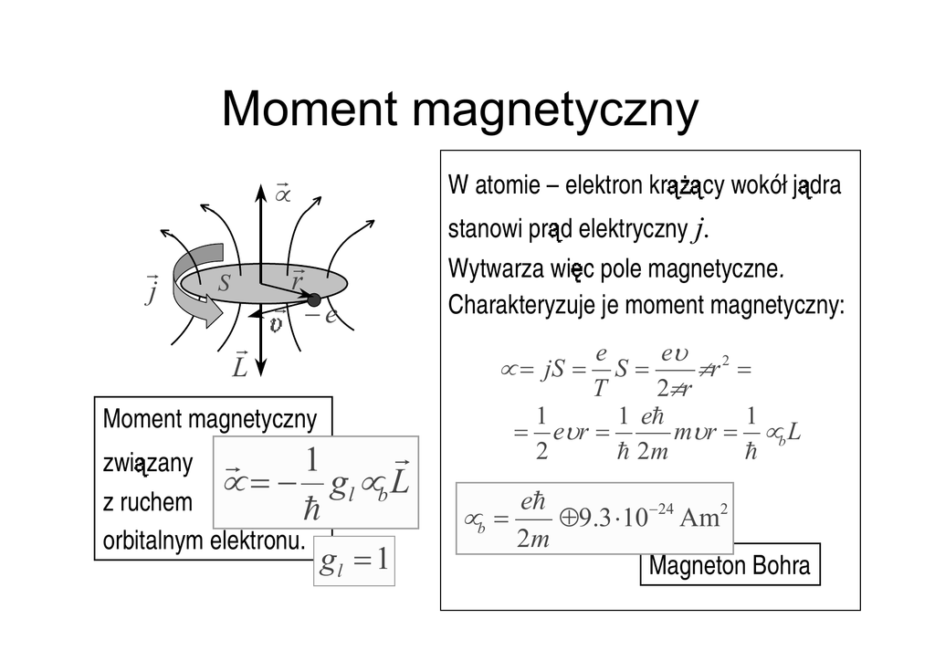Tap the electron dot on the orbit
313,299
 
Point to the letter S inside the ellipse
223,284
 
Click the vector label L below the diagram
240,365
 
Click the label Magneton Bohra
729,565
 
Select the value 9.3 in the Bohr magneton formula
594,519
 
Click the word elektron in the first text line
606,186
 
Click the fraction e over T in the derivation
600,370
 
